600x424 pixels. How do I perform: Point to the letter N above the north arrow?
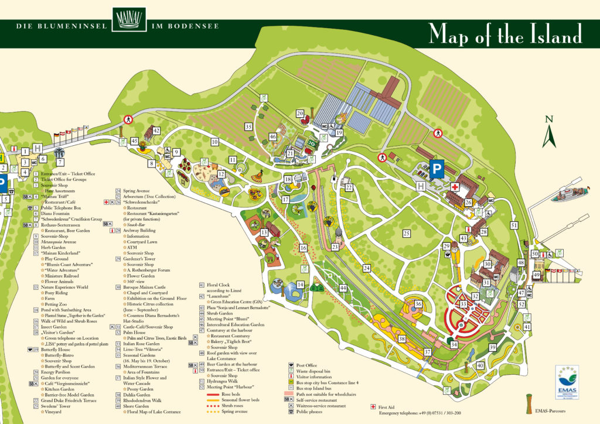click(x=548, y=120)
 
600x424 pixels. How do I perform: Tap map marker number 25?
click(x=406, y=233)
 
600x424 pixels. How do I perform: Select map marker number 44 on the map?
click(x=343, y=288)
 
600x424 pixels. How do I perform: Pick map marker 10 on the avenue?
click(x=215, y=142)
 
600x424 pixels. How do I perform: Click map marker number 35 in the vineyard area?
click(x=248, y=126)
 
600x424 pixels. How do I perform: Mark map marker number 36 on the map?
click(x=418, y=304)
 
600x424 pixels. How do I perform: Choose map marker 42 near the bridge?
click(x=156, y=131)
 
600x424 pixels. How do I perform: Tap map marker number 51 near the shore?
click(x=514, y=225)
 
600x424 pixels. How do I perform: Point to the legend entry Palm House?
click(x=134, y=332)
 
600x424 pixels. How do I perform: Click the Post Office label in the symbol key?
click(x=308, y=364)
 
